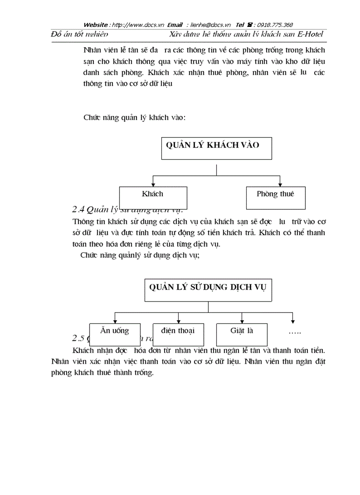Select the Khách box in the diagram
(x=153, y=197)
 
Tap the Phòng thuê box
(x=275, y=197)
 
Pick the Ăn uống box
(x=115, y=335)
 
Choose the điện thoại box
(x=178, y=335)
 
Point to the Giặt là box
(x=242, y=335)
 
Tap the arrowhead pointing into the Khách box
(x=153, y=183)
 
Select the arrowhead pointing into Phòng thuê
(x=280, y=183)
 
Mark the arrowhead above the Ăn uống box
(x=115, y=320)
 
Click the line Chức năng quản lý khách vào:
(x=134, y=118)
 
